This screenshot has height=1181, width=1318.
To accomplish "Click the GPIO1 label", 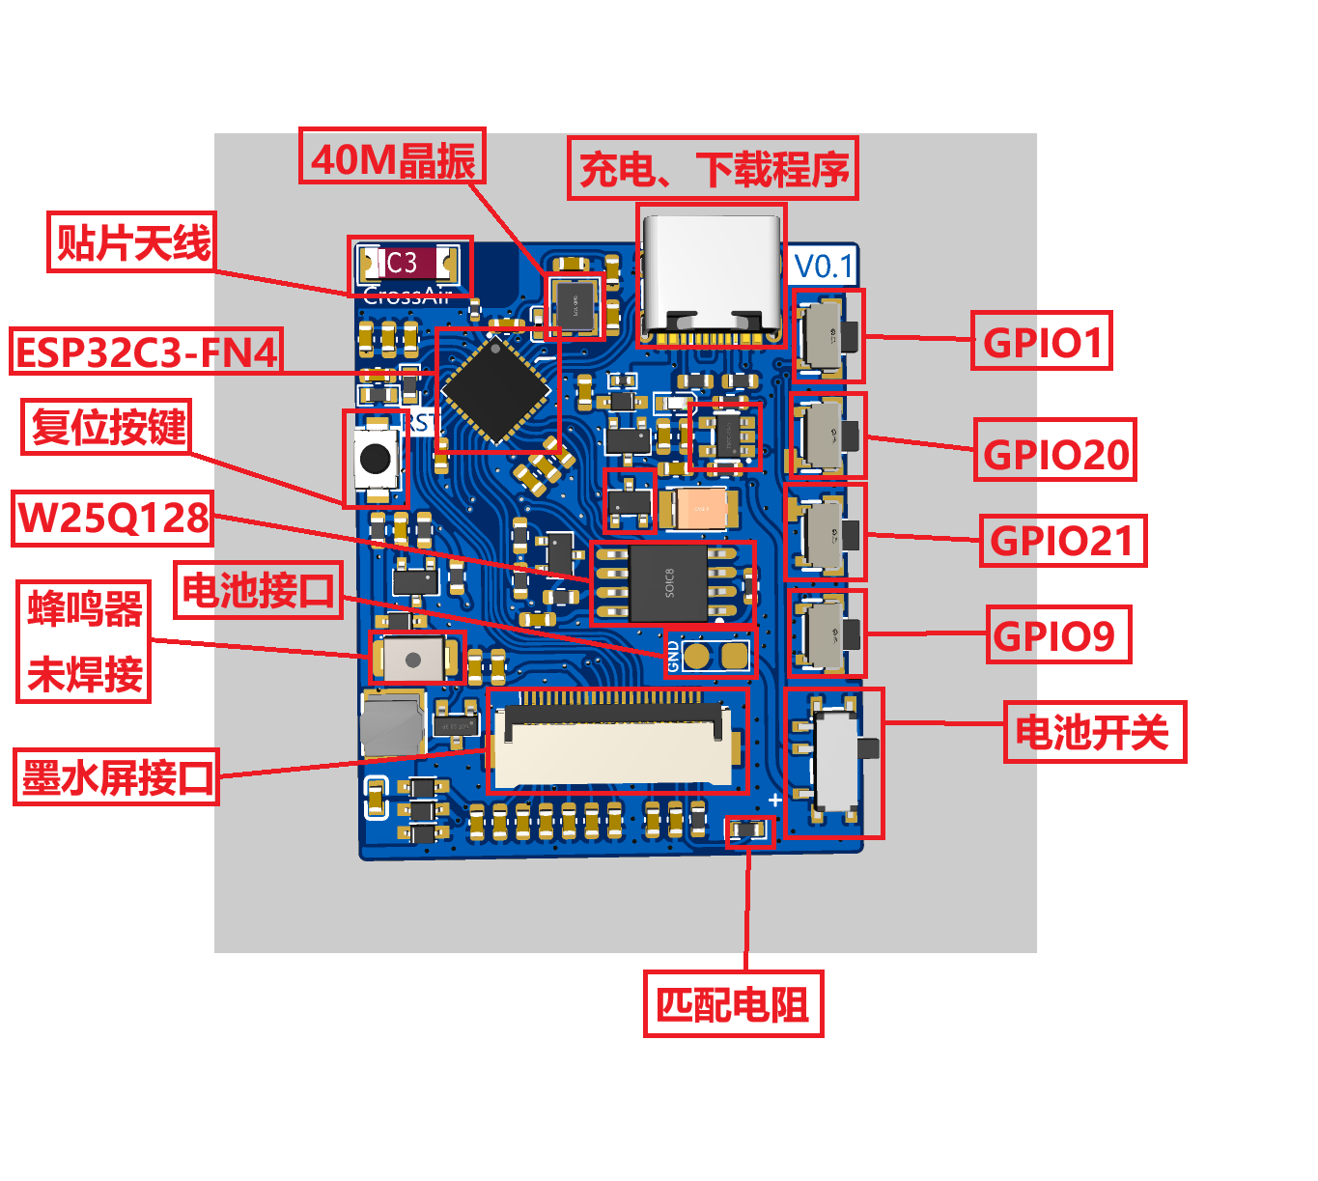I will [x=1041, y=341].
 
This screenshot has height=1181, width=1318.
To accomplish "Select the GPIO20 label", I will [x=1054, y=451].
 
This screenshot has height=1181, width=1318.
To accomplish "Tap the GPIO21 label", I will [x=1062, y=541].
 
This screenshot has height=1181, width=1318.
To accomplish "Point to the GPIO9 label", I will [x=1057, y=634].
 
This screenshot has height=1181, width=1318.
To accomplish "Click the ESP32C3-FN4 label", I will [x=147, y=351].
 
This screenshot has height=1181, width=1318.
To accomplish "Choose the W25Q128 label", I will [x=113, y=519].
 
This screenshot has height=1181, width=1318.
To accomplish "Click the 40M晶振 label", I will [x=392, y=157].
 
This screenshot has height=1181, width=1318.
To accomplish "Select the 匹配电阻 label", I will [x=733, y=1004].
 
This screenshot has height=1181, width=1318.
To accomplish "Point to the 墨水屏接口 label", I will [x=116, y=776].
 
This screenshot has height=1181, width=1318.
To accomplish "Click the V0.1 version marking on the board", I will [x=824, y=266].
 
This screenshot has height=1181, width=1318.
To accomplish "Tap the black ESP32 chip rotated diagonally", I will [x=496, y=390].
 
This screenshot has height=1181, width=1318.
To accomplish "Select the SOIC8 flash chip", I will [x=669, y=582].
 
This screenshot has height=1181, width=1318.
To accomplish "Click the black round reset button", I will [x=375, y=458].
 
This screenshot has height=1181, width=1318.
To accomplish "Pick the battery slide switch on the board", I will [x=836, y=761].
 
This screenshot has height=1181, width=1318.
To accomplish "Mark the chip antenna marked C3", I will [x=409, y=264].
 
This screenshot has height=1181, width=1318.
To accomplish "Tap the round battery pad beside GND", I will [x=696, y=656].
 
